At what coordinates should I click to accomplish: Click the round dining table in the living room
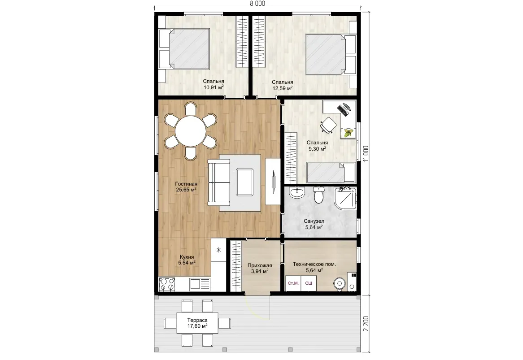click(x=191, y=131)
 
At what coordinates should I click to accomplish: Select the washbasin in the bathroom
click(x=296, y=192)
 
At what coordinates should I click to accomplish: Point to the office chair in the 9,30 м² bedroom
click(x=328, y=125)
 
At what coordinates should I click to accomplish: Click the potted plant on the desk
click(x=348, y=133)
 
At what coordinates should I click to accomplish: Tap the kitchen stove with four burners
click(x=167, y=284)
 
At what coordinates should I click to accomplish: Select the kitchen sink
click(x=200, y=284)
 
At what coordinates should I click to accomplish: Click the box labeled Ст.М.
click(x=293, y=283)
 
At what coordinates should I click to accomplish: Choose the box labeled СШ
click(x=309, y=283)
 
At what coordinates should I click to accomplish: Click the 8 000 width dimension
click(x=257, y=3)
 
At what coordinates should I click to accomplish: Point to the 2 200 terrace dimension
click(x=366, y=323)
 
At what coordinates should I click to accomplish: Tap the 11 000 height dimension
click(x=366, y=154)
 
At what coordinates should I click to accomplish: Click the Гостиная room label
click(x=186, y=184)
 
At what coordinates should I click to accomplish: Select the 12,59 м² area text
click(x=283, y=88)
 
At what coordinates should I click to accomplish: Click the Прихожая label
click(x=260, y=266)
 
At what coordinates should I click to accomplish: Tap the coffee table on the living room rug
click(x=244, y=182)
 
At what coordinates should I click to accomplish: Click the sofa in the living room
click(x=219, y=182)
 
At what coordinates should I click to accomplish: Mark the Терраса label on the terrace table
click(x=197, y=320)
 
